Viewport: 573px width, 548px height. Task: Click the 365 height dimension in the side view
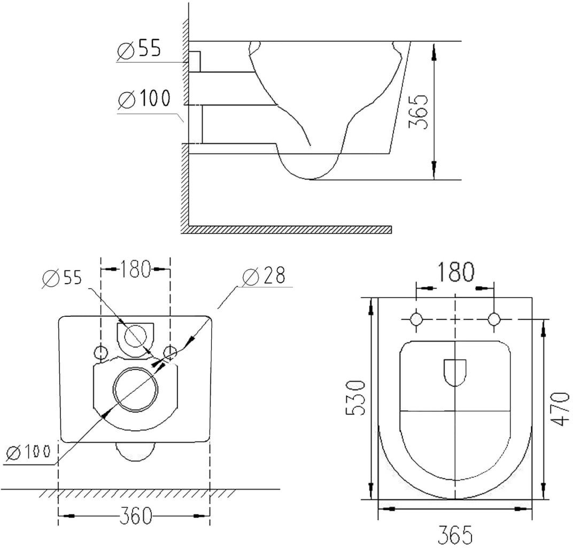(417, 111)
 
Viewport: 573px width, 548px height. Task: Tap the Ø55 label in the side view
(139, 49)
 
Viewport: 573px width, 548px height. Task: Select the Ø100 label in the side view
(144, 98)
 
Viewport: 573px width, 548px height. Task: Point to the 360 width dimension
(136, 516)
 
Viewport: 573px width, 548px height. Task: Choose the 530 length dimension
(355, 398)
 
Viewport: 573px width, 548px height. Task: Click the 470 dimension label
(560, 409)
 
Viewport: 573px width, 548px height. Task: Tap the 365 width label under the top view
(455, 535)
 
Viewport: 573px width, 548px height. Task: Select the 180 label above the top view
(455, 272)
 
